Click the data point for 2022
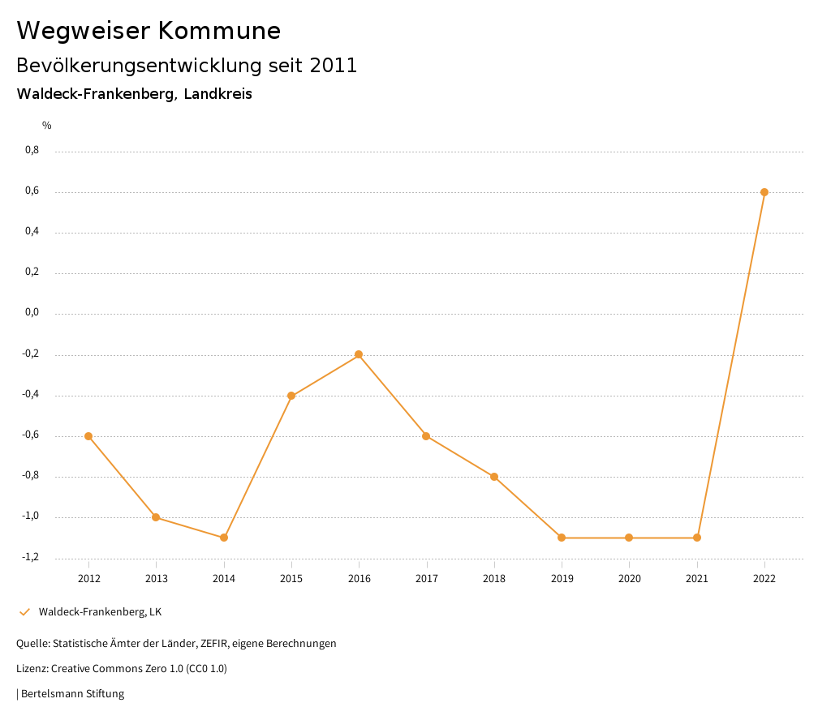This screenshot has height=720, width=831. (764, 192)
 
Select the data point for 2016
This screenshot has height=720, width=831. (359, 354)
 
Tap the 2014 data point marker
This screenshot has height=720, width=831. (224, 538)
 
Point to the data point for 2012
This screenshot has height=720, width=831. (88, 436)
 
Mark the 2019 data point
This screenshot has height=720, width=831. (562, 538)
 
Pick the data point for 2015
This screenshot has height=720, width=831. (291, 396)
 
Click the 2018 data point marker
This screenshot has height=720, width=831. (494, 477)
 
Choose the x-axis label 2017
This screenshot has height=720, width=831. (427, 578)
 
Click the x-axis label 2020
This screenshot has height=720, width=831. (630, 578)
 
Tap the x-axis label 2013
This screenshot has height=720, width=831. (157, 578)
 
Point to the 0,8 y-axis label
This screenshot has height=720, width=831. (32, 150)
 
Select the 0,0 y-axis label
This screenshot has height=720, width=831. (32, 313)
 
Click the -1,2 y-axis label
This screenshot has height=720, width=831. (31, 557)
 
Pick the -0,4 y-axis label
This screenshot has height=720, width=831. (31, 394)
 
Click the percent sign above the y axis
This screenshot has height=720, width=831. (47, 126)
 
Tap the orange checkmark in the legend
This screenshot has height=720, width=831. (24, 612)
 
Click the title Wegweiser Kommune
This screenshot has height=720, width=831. (149, 31)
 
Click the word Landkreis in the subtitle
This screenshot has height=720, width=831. (217, 94)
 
